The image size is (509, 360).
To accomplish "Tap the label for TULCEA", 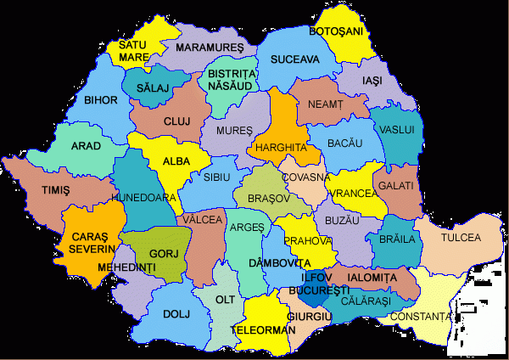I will click(x=461, y=237).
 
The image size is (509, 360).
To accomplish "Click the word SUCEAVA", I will click(x=294, y=59).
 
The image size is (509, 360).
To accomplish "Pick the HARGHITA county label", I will click(x=280, y=146).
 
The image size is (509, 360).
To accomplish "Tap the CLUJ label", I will click(x=177, y=121).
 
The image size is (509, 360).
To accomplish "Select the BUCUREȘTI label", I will click(x=314, y=290).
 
